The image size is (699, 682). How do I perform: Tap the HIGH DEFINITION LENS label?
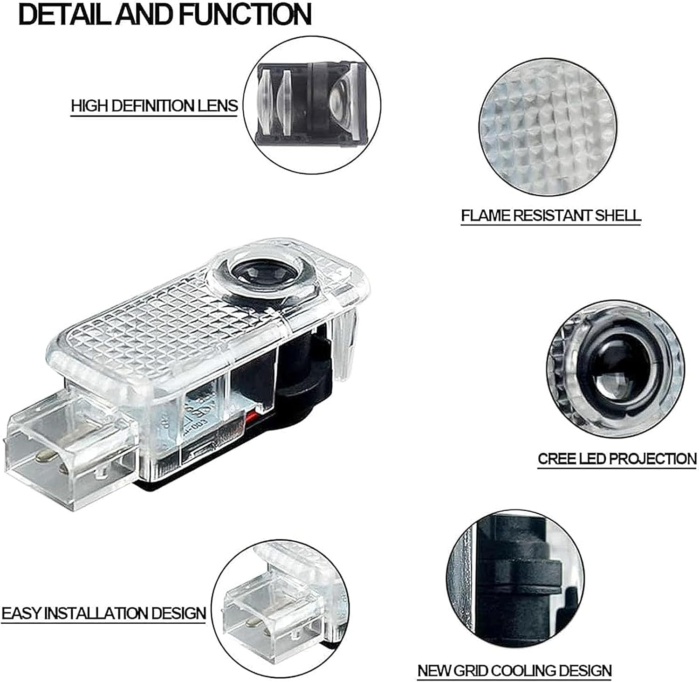pyautogui.click(x=154, y=106)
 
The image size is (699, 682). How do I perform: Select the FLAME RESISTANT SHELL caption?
pyautogui.click(x=551, y=215)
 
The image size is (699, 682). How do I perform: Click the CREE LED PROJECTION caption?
pyautogui.click(x=617, y=459)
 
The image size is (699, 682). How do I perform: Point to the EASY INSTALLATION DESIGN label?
pyautogui.click(x=103, y=613)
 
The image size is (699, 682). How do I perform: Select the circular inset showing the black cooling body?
pyautogui.click(x=515, y=579)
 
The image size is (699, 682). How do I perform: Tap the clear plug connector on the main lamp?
pyautogui.click(x=70, y=443)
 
